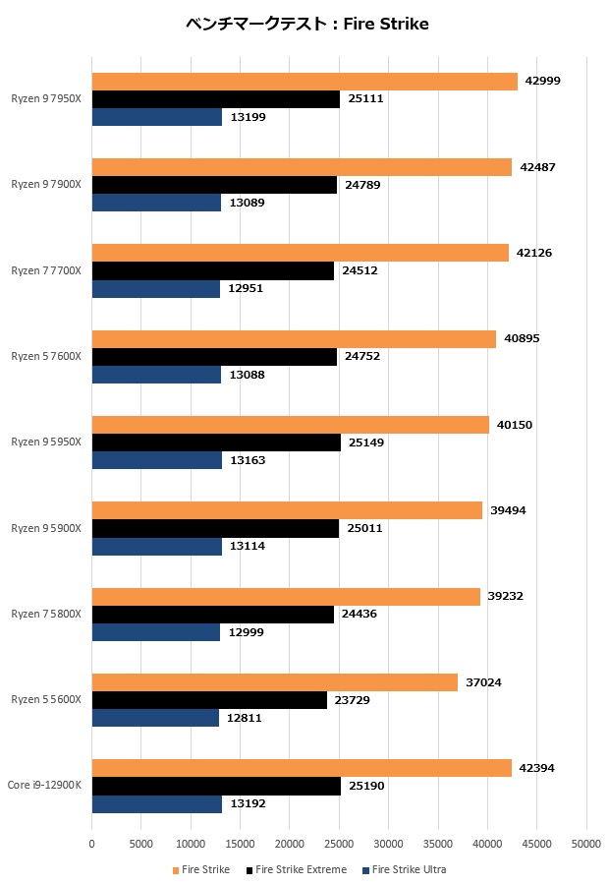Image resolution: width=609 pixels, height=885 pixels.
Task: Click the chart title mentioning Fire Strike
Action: point(306,24)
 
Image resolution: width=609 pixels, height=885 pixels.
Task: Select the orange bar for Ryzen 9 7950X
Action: point(304,82)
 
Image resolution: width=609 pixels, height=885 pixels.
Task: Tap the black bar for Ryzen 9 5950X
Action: point(216,442)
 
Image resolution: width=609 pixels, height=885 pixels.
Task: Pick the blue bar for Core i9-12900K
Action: point(157,803)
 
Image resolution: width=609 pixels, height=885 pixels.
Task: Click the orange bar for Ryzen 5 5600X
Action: point(275,682)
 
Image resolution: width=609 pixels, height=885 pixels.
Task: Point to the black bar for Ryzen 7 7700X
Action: point(213,270)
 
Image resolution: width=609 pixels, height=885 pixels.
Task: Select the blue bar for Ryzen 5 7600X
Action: point(156,375)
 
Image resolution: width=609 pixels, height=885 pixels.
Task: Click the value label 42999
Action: point(542,82)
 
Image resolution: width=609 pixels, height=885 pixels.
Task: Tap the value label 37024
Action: point(482,682)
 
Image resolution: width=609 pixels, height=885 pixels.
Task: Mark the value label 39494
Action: point(508,510)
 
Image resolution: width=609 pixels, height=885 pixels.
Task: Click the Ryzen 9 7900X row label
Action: point(46,184)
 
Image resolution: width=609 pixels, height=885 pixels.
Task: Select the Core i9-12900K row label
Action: point(44,785)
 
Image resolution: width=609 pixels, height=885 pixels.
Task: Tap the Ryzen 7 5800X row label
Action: point(46,614)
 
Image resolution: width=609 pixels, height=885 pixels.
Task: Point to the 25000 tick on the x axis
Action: point(339,843)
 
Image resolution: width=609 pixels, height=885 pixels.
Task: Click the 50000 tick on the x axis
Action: point(586,843)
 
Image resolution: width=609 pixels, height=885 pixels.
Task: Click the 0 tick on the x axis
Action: point(92,843)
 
